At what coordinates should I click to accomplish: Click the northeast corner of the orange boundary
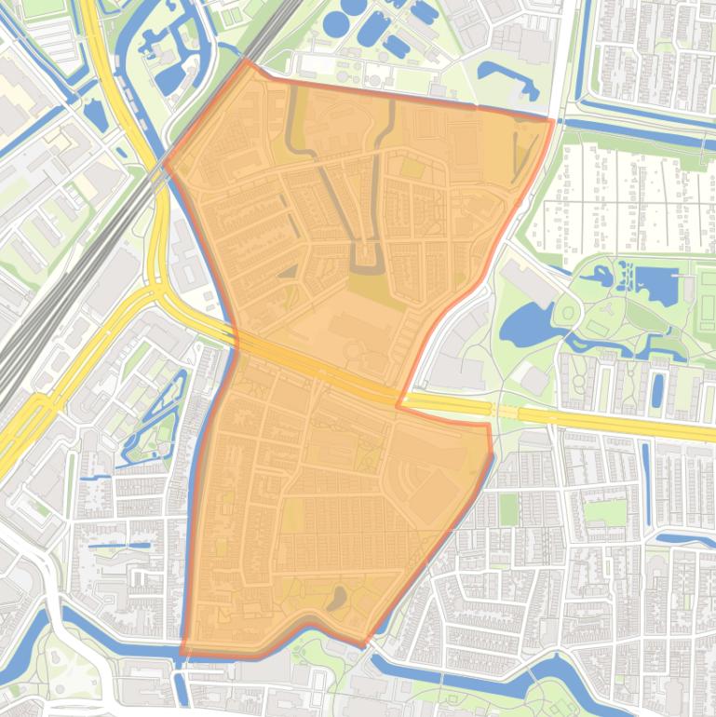(553, 120)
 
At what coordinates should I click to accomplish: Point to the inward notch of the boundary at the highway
(399, 406)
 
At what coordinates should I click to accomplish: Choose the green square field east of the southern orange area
(507, 509)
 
